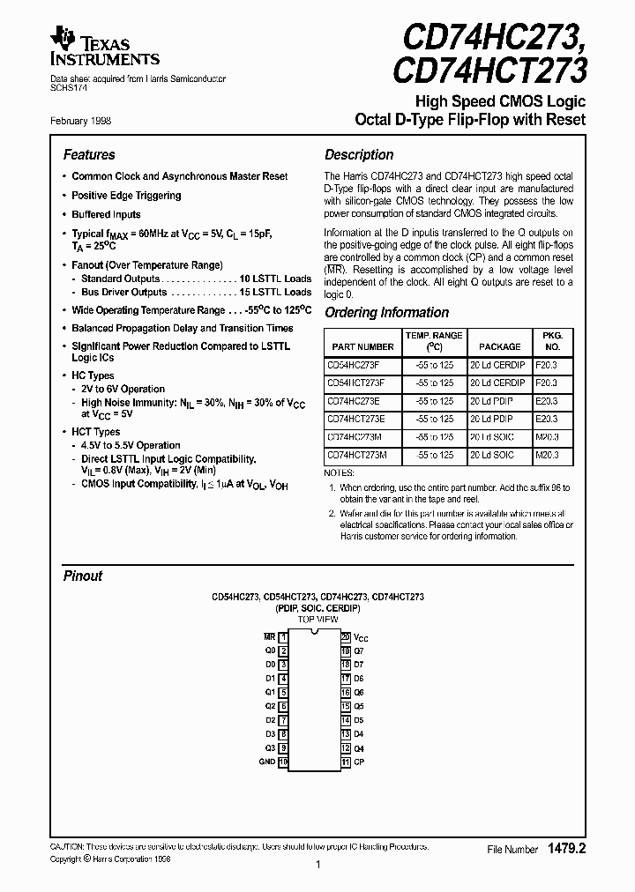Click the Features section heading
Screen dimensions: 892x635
pos(89,154)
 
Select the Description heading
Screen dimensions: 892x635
pos(359,154)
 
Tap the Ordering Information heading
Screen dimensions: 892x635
pos(386,312)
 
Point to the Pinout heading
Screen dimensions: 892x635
pos(83,576)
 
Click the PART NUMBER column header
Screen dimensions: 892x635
pos(360,346)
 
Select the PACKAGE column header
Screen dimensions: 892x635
pos(499,346)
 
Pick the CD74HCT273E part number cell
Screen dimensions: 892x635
pos(360,419)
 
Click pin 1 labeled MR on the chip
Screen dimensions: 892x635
pos(283,636)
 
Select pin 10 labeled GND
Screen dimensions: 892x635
pos(283,762)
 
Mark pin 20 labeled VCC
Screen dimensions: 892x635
pos(346,636)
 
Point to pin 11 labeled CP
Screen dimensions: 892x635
pos(346,762)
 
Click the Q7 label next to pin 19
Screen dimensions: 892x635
pos(359,650)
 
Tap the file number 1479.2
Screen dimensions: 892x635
pos(567,848)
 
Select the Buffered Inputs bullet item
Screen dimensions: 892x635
pos(106,214)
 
